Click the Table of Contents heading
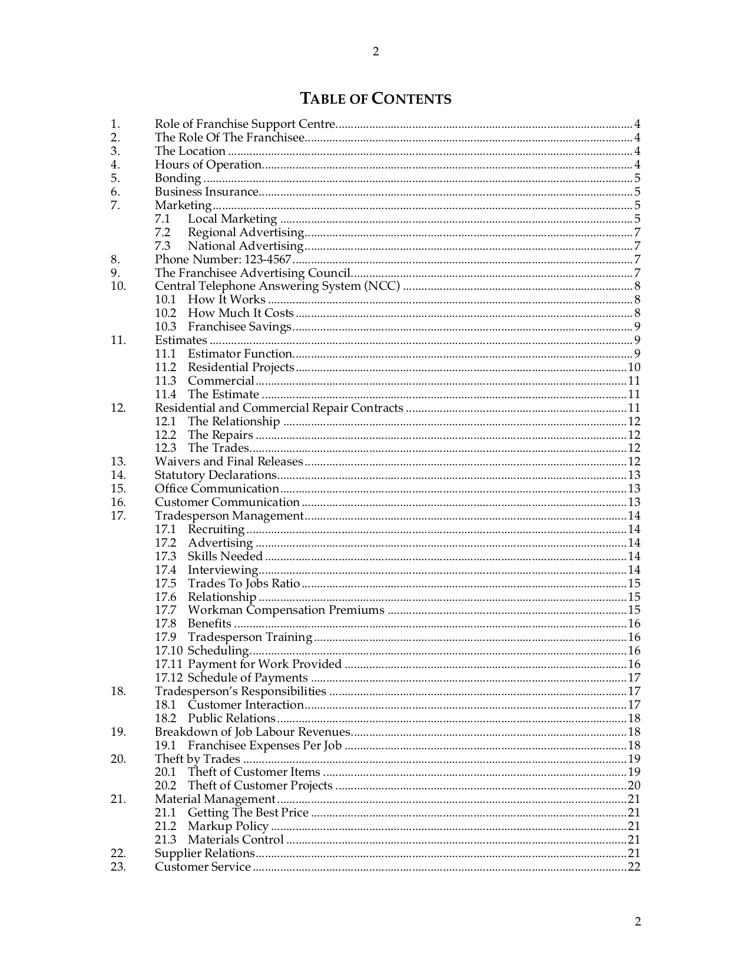(x=376, y=98)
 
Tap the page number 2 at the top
(x=376, y=52)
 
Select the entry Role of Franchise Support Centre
(x=245, y=124)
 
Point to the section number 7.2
(x=163, y=232)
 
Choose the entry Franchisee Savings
(x=240, y=326)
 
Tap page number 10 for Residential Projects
(x=634, y=367)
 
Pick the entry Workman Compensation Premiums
(x=286, y=610)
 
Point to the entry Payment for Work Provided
(x=264, y=664)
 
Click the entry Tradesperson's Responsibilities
(x=240, y=691)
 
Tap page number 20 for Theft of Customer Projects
(x=634, y=785)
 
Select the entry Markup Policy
(x=228, y=826)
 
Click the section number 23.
(x=118, y=867)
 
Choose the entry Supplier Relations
(x=205, y=853)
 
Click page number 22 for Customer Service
(x=634, y=867)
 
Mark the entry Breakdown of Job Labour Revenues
(x=253, y=732)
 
